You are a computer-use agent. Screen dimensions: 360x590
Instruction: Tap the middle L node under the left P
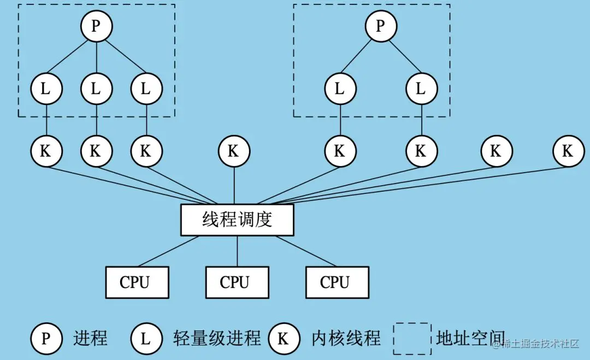(x=96, y=88)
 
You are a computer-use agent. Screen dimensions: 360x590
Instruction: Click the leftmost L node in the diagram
(x=46, y=88)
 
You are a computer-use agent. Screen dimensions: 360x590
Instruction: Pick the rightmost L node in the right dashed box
(x=421, y=88)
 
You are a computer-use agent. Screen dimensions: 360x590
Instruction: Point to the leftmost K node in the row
(x=46, y=151)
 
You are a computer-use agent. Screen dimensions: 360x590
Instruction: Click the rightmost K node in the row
(x=568, y=151)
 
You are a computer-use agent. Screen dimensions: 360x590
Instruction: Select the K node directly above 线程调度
(x=234, y=151)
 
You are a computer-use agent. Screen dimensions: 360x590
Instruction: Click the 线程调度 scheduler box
(x=237, y=220)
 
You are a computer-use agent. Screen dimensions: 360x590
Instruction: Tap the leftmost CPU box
(x=137, y=282)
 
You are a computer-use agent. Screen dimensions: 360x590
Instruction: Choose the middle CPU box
(x=237, y=282)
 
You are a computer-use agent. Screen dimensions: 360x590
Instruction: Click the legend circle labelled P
(x=46, y=339)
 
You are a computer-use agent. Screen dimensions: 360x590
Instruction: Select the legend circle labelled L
(x=146, y=339)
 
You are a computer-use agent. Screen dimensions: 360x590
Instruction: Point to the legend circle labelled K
(x=284, y=339)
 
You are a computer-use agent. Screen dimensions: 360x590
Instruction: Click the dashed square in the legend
(x=411, y=339)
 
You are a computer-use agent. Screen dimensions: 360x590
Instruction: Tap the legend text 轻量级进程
(x=217, y=339)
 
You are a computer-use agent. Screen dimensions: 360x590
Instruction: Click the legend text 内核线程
(x=346, y=339)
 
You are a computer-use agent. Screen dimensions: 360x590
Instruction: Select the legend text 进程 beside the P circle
(x=90, y=339)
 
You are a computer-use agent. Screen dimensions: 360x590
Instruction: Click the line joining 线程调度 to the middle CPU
(x=237, y=251)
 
